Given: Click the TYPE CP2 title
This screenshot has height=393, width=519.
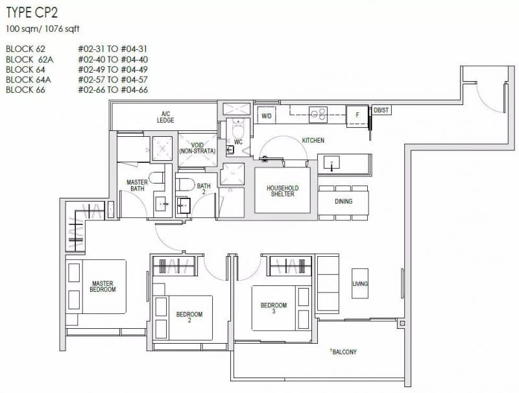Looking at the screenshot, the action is pyautogui.click(x=32, y=12).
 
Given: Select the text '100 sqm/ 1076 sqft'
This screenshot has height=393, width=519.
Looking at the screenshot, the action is pyautogui.click(x=43, y=29).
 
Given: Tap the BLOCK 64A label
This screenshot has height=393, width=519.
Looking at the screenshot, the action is pyautogui.click(x=29, y=80).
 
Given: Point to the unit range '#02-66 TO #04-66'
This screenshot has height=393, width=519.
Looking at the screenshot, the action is pyautogui.click(x=113, y=89).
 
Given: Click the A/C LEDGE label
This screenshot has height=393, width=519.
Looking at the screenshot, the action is pyautogui.click(x=165, y=117).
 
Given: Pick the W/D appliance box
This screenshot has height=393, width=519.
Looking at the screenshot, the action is pyautogui.click(x=267, y=116).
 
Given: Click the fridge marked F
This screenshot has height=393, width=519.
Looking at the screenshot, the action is pyautogui.click(x=357, y=115).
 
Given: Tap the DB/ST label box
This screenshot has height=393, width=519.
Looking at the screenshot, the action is pyautogui.click(x=381, y=110).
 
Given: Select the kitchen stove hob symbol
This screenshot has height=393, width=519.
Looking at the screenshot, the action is pyautogui.click(x=318, y=115).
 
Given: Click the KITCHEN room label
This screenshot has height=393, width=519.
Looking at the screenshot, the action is pyautogui.click(x=313, y=141).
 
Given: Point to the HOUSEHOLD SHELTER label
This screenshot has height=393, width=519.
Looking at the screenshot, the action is pyautogui.click(x=283, y=191).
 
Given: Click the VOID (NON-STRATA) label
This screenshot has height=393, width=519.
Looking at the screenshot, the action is pyautogui.click(x=197, y=149).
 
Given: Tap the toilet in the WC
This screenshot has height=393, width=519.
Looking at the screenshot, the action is pyautogui.click(x=238, y=128).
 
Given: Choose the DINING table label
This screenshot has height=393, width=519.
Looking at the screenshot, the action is pyautogui.click(x=344, y=201).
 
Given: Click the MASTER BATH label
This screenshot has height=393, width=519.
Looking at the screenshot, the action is pyautogui.click(x=137, y=185).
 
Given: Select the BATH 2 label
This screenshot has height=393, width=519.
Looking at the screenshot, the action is pyautogui.click(x=204, y=189).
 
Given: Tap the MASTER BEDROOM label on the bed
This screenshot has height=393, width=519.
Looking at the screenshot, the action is pyautogui.click(x=103, y=287).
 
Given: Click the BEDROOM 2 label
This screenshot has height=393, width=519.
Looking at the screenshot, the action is pyautogui.click(x=189, y=317).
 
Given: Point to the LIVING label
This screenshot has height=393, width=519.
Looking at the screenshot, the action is pyautogui.click(x=360, y=284).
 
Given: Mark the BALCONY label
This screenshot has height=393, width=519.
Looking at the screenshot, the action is pyautogui.click(x=344, y=352).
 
